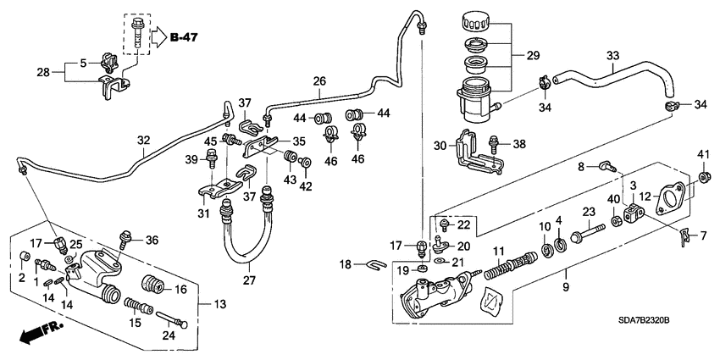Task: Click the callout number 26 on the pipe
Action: click(318, 82)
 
